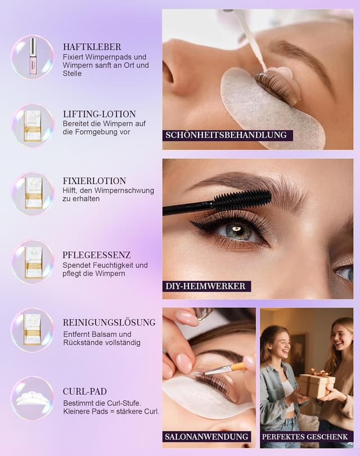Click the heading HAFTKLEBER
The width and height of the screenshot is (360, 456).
92,47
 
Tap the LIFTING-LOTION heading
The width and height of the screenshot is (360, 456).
99,114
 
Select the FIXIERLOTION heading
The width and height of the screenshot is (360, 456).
94,181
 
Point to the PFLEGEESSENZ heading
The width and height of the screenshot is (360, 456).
97,254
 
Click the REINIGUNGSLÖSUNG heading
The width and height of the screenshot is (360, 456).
109,323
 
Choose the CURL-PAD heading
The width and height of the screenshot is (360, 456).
84,391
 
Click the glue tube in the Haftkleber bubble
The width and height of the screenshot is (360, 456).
33,56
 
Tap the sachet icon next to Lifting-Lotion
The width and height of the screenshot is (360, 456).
33,125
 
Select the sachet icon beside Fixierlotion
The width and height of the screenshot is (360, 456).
33,193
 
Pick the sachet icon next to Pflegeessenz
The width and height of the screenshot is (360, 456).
33,262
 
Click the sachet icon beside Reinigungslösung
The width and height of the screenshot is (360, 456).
33,329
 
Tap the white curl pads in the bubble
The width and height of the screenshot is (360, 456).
32,398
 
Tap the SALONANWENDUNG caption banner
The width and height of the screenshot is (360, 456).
207,436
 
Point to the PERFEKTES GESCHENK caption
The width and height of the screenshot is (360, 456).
307,436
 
